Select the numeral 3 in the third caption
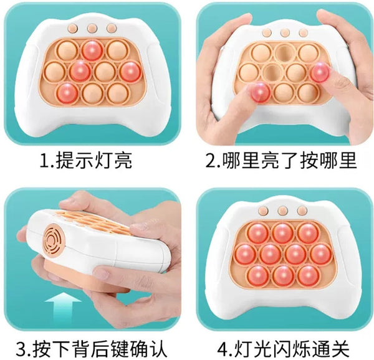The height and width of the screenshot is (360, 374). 22,349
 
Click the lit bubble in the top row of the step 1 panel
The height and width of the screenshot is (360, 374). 92,50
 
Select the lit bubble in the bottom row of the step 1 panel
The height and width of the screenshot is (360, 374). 67,93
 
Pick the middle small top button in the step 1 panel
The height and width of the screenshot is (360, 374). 92,29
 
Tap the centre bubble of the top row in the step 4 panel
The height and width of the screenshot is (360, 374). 282,233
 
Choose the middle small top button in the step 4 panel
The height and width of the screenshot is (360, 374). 282,211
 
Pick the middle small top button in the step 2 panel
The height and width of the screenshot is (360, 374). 285,32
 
